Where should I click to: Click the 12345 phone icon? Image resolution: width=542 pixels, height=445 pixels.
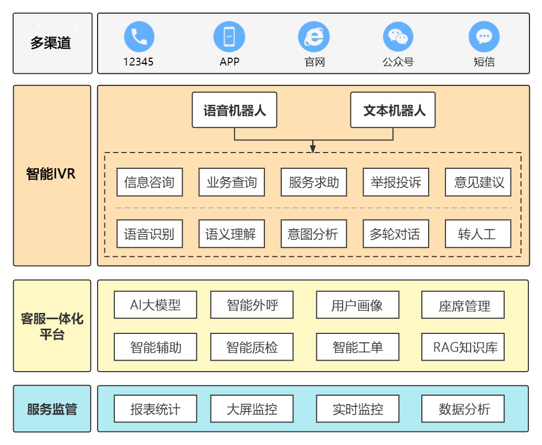coord(139,37)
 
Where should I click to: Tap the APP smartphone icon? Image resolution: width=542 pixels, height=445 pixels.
coord(229,37)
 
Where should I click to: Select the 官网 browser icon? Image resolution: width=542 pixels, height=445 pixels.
coord(314,37)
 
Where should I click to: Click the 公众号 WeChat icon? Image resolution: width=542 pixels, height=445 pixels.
coord(398,37)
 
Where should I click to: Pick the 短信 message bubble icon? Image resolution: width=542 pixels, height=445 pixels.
coord(484,37)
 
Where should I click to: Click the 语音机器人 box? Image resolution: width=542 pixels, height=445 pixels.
coord(235,110)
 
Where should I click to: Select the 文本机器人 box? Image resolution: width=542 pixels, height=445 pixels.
coord(393,110)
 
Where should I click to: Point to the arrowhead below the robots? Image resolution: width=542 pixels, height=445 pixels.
coord(313,148)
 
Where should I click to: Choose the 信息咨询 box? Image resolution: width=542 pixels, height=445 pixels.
coord(150,182)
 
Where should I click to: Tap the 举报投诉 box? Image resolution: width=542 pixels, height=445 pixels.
coord(396,182)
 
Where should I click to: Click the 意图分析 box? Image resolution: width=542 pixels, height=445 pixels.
coord(313,234)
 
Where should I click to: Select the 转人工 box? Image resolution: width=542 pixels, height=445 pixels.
coord(477,234)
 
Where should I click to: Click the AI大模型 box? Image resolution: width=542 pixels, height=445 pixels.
coord(155,305)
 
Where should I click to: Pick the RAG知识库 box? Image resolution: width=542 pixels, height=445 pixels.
coord(463,347)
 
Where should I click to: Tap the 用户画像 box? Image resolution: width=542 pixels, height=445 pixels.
coord(357,305)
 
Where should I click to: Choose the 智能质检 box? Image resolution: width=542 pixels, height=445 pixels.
coord(252,347)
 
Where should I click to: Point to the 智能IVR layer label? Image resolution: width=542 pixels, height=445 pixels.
coord(52,175)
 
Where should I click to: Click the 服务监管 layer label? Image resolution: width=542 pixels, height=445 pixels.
coord(52,409)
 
